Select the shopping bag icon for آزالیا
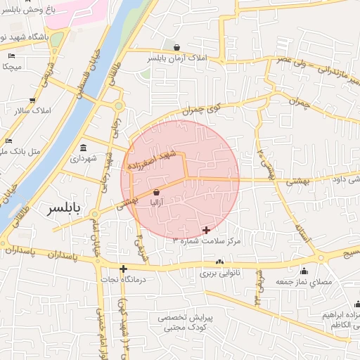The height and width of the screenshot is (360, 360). click(x=156, y=192)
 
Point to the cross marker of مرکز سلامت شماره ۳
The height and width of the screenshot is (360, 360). click(x=205, y=230)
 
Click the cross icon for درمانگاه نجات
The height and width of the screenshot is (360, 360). click(x=123, y=269)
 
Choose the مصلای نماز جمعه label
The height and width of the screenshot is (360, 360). click(x=304, y=281)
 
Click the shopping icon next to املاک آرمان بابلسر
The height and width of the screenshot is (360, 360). click(x=186, y=48)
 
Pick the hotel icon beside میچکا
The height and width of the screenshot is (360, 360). click(x=12, y=56)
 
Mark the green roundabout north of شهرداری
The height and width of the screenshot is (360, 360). click(x=119, y=106)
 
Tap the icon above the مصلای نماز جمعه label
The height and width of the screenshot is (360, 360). click(x=304, y=271)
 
